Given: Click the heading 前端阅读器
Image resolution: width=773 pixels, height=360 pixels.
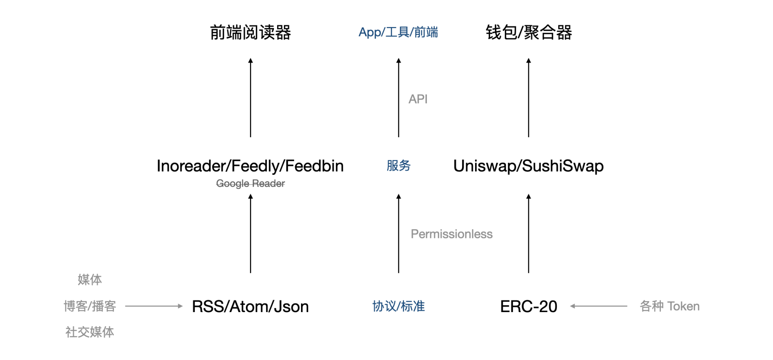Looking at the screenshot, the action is [250, 33].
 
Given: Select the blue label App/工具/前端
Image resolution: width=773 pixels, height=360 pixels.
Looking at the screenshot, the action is [398, 32].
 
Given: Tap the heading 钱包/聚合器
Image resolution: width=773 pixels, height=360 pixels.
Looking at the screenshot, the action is [529, 33].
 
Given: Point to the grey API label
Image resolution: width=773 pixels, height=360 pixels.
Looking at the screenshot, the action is [418, 99].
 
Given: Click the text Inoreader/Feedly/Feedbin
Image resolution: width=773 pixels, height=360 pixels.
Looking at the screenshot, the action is [250, 166].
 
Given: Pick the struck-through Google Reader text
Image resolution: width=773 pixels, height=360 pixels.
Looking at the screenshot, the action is [250, 184].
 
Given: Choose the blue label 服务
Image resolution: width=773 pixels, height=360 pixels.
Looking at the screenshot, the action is [399, 166].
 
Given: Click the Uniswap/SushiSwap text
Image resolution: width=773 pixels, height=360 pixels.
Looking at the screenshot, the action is [529, 166].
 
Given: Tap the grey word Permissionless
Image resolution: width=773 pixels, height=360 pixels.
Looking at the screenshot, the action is [451, 234].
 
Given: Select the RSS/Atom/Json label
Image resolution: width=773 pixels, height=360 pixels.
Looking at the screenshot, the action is [250, 306].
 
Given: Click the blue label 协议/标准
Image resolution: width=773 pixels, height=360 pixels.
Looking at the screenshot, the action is [399, 306].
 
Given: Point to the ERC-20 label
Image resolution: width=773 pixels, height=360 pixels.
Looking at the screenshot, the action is [529, 306].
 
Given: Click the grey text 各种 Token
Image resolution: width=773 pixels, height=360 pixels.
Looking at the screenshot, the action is [670, 306].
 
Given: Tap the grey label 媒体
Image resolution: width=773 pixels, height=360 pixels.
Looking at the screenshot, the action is [90, 280].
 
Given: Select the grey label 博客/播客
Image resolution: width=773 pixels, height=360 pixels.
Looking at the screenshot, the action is [90, 306].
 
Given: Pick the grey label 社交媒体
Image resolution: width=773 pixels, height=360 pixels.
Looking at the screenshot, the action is [90, 332].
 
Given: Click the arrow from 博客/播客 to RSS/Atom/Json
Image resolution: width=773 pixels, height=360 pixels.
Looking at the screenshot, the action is [154, 306].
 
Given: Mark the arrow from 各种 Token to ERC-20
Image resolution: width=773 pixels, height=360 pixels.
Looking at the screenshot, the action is [599, 306].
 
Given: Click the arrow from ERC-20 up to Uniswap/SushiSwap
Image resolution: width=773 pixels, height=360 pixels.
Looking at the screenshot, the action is [529, 233].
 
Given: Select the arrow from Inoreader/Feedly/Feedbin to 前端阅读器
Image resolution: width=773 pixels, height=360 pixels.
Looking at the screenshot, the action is [250, 98].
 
